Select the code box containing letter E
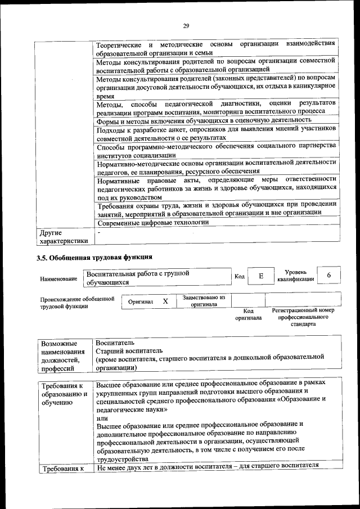point(260,276)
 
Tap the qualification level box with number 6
point(328,275)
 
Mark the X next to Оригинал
point(165,301)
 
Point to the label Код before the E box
point(239,276)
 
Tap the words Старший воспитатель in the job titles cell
point(129,350)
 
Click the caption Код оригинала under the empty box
point(249,314)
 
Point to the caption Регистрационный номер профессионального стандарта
point(303,317)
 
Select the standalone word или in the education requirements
point(102,418)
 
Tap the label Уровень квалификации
point(295,276)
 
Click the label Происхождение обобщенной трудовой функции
point(73,303)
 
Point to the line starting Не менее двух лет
point(208,465)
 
